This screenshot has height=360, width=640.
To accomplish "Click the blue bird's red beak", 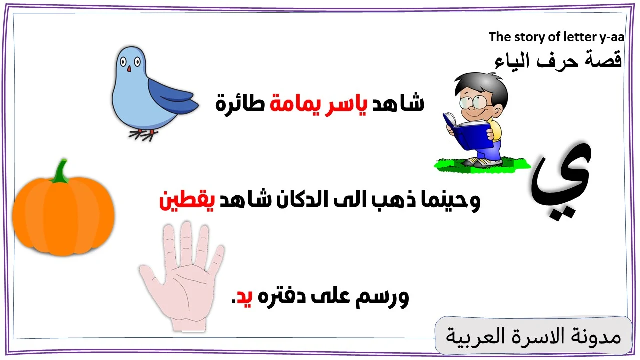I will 129,68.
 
